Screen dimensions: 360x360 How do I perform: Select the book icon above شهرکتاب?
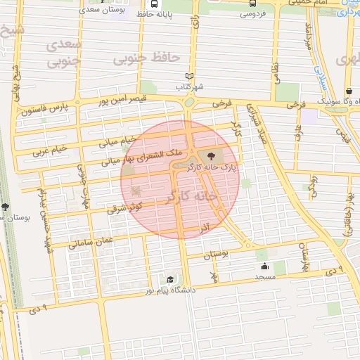188,76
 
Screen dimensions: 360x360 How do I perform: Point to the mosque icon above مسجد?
264,266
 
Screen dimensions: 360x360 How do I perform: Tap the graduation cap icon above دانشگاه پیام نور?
167,280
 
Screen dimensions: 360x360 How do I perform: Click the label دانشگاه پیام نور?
169,290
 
